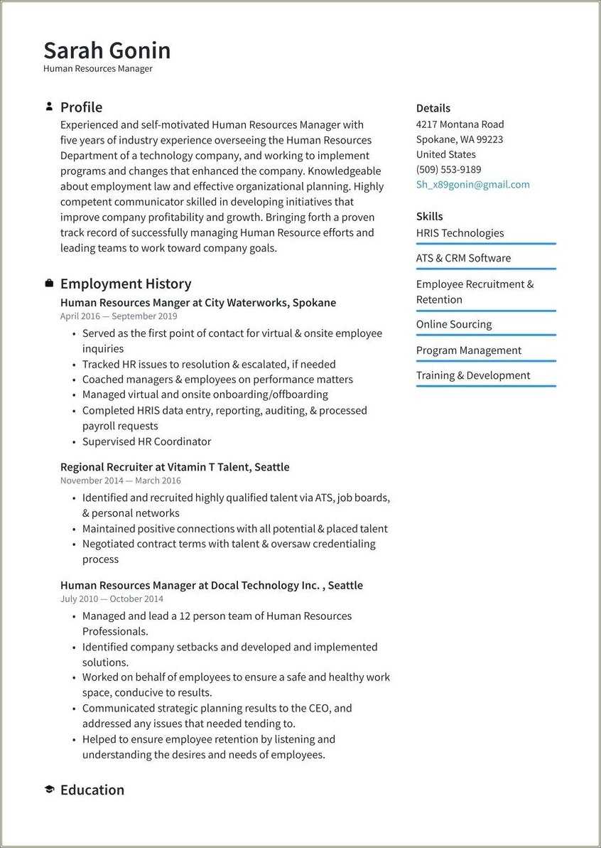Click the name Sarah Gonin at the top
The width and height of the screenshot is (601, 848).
click(x=107, y=50)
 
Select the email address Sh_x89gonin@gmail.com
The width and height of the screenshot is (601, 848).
click(x=472, y=185)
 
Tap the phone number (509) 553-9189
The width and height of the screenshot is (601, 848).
click(x=448, y=170)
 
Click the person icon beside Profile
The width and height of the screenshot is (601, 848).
click(x=49, y=107)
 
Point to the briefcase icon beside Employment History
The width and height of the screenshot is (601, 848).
click(x=49, y=284)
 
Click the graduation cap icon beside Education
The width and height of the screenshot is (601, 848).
click(x=49, y=790)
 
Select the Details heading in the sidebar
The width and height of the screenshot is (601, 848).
click(x=433, y=108)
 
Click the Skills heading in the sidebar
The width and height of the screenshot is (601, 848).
click(x=429, y=216)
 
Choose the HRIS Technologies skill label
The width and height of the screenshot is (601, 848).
click(x=460, y=233)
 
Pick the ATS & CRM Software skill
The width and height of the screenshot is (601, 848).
click(x=463, y=258)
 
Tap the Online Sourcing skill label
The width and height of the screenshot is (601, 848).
click(x=453, y=324)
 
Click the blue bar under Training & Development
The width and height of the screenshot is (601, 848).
click(x=486, y=386)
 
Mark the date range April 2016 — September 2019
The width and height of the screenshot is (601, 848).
click(x=119, y=316)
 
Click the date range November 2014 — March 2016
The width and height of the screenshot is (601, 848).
click(x=120, y=481)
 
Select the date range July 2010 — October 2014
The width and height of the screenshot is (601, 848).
click(x=112, y=599)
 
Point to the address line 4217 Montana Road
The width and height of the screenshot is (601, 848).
click(x=460, y=124)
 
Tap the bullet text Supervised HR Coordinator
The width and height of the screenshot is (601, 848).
click(x=146, y=441)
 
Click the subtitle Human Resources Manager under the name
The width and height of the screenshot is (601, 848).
click(x=97, y=69)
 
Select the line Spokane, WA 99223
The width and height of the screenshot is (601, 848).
click(x=459, y=139)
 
